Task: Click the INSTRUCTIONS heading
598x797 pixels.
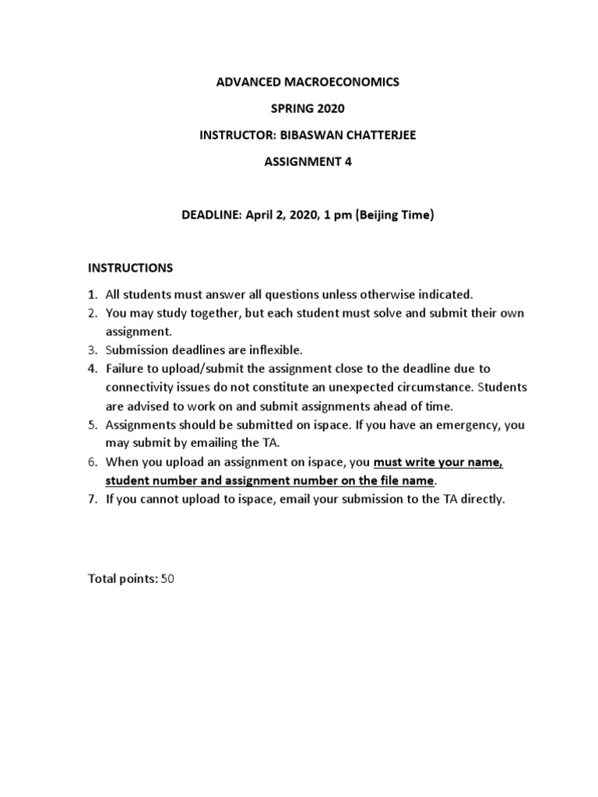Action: click(x=130, y=268)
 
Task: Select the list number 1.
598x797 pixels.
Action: click(x=92, y=294)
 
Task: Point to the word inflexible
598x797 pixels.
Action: click(x=279, y=349)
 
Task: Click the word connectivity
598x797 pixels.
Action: click(x=140, y=387)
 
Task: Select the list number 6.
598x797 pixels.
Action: click(x=92, y=462)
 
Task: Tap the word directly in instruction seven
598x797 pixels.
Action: click(x=480, y=499)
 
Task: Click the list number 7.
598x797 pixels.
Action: click(x=92, y=499)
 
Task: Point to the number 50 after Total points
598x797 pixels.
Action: click(x=167, y=578)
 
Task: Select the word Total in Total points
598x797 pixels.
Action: click(x=101, y=578)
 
